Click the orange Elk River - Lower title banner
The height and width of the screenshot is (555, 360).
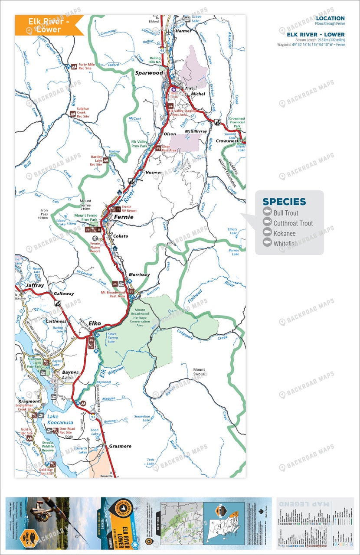pyautogui.click(x=49, y=25)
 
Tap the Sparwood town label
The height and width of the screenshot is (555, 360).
pyautogui.click(x=149, y=73)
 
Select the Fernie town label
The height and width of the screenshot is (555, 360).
pyautogui.click(x=124, y=217)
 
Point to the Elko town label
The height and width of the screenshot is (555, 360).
pyautogui.click(x=95, y=323)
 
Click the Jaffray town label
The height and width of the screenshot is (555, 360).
pyautogui.click(x=35, y=286)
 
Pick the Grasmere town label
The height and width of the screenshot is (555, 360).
pyautogui.click(x=120, y=446)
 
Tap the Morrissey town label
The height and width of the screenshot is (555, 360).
pyautogui.click(x=139, y=274)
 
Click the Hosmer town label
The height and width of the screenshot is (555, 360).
pyautogui.click(x=154, y=172)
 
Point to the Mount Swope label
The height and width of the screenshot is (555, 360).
pyautogui.click(x=199, y=372)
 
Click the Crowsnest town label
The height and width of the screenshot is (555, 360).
pyautogui.click(x=227, y=141)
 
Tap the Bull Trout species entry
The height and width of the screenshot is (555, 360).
pyautogui.click(x=286, y=213)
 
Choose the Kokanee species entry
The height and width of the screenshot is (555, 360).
pyautogui.click(x=285, y=234)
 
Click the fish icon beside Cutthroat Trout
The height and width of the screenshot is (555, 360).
pyautogui.click(x=267, y=223)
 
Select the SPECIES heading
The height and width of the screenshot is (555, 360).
pyautogui.click(x=284, y=202)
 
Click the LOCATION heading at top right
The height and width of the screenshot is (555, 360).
pyautogui.click(x=330, y=19)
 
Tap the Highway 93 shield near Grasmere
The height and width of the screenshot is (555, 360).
pyautogui.click(x=93, y=417)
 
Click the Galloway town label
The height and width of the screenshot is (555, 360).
pyautogui.click(x=64, y=294)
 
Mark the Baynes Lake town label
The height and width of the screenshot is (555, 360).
pyautogui.click(x=70, y=375)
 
